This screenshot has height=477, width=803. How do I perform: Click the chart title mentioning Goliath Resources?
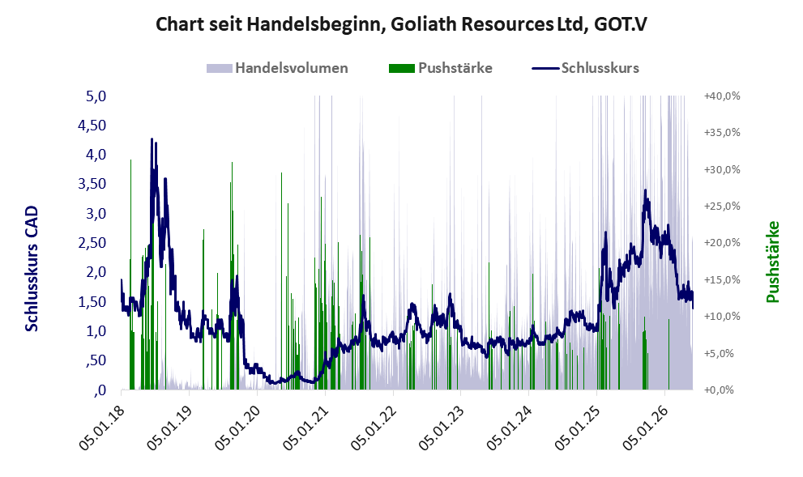pos(401,24)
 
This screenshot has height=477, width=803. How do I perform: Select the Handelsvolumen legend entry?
pos(277,68)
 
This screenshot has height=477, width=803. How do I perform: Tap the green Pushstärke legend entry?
pos(441,68)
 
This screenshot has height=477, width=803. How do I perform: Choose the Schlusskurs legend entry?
pos(585,68)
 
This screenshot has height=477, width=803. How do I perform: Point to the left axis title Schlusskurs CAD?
pos(32,269)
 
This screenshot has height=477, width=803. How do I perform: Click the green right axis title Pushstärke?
pos(773,262)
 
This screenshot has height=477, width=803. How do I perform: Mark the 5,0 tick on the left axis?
pos(96,96)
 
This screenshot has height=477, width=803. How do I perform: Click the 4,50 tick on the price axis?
pos(92,126)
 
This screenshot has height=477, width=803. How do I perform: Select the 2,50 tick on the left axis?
pos(92,243)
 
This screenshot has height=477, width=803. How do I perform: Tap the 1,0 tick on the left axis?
pos(96,331)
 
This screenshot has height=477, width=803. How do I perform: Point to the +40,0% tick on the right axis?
pos(722,96)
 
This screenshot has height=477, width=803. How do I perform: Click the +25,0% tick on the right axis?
pos(722,207)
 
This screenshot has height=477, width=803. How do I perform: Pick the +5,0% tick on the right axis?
pos(725,353)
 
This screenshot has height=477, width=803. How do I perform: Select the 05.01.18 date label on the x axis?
pos(102,427)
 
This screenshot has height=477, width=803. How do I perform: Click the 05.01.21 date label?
pos(306,427)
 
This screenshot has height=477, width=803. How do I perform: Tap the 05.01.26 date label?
pos(647,427)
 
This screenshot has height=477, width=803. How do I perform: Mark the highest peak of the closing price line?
pos(152,138)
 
